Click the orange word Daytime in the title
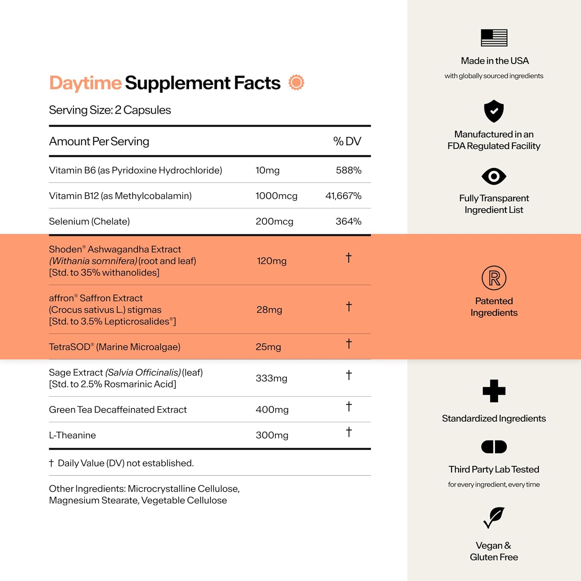[x=85, y=83]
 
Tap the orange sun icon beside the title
[x=296, y=83]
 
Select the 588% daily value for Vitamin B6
[x=348, y=170]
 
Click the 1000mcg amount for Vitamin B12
[x=276, y=196]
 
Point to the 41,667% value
[x=343, y=196]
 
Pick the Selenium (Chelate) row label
[x=89, y=222]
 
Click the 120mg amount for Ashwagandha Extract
[x=272, y=261]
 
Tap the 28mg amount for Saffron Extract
[x=269, y=310]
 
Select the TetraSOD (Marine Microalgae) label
[x=114, y=347]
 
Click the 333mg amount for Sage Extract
[x=271, y=378]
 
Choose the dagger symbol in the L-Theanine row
[x=349, y=432]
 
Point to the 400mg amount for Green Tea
[x=272, y=410]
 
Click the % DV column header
[x=347, y=141]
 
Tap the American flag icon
[x=494, y=38]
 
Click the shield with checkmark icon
[x=494, y=111]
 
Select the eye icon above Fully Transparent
[x=494, y=177]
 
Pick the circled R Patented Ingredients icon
[x=494, y=278]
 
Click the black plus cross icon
[x=494, y=391]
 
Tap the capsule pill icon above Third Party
[x=494, y=447]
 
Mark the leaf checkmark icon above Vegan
[x=494, y=517]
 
